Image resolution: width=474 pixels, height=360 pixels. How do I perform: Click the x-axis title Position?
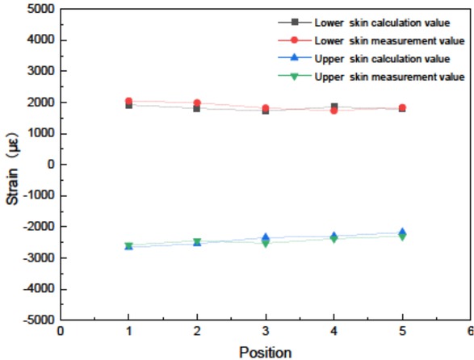click(265, 352)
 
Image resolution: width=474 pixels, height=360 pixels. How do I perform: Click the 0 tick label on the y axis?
click(48, 165)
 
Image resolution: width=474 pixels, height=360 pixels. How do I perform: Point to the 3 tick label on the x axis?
click(265, 331)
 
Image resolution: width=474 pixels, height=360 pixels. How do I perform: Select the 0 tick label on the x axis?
click(60, 331)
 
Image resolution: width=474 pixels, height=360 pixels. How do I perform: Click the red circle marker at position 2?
click(197, 103)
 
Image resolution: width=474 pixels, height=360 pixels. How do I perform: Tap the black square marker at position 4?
click(333, 107)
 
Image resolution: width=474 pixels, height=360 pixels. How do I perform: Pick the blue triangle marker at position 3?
click(265, 237)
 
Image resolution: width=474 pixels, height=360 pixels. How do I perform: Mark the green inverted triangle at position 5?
click(402, 237)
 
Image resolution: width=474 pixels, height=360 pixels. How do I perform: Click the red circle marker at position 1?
click(128, 102)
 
